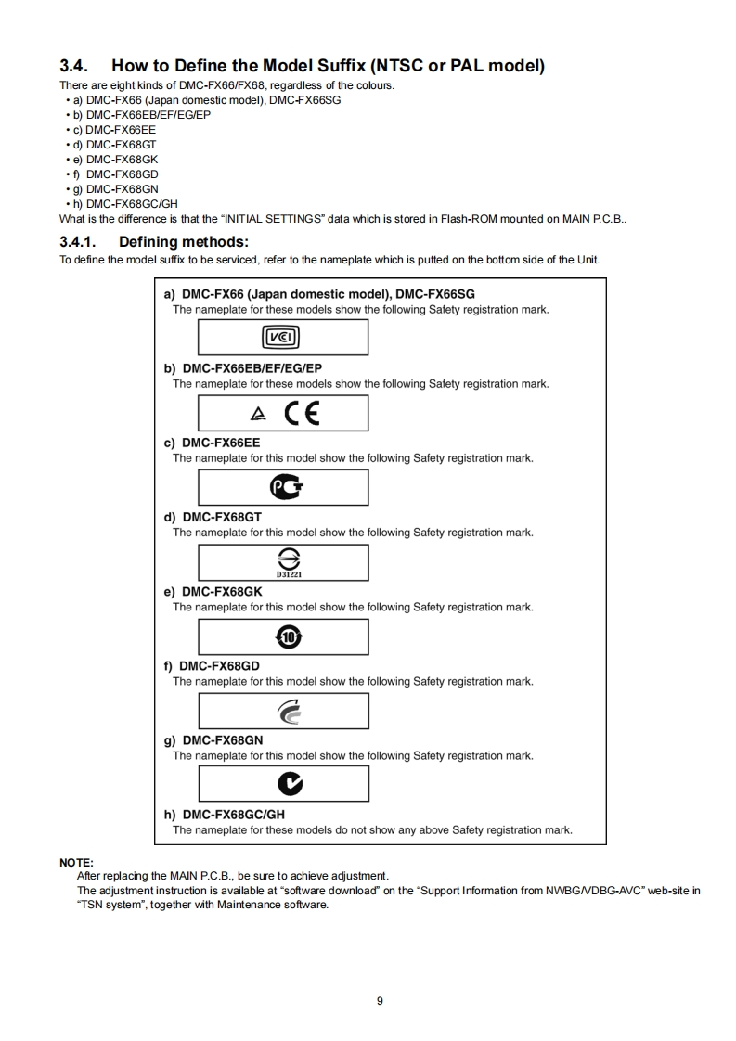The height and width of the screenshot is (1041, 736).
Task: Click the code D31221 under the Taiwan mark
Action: click(x=283, y=573)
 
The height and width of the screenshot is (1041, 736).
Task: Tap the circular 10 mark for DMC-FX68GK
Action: click(x=283, y=636)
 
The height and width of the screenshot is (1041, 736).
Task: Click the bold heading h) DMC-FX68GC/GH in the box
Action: click(x=224, y=815)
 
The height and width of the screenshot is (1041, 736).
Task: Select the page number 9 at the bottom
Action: click(x=380, y=1001)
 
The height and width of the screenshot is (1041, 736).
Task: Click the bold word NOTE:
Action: click(x=76, y=863)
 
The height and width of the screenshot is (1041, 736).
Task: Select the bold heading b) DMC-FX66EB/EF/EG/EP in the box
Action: click(x=242, y=368)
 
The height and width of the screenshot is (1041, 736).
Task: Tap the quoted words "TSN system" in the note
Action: click(x=109, y=905)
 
